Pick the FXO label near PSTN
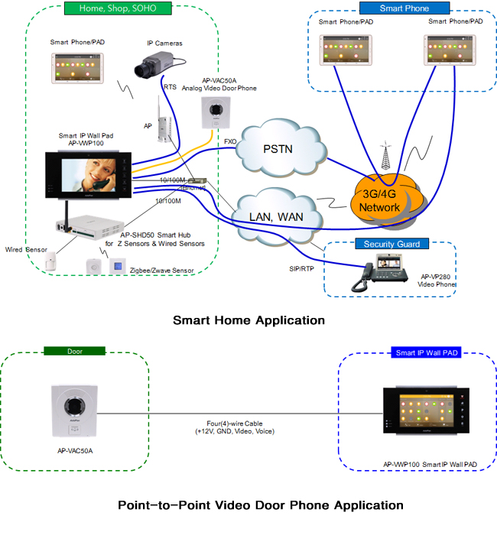tap(230, 141)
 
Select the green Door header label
tap(74, 352)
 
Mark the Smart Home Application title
tap(248, 319)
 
